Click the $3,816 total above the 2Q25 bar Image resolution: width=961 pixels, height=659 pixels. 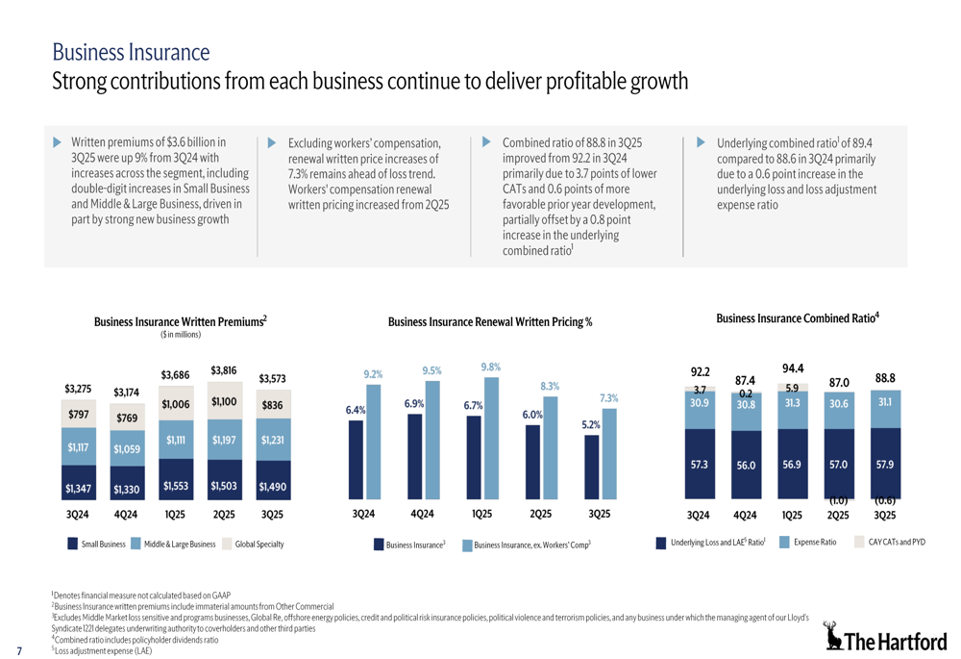tap(223, 369)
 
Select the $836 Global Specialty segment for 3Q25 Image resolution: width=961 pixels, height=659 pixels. tap(272, 406)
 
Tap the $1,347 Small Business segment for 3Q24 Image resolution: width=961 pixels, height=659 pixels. tap(77, 488)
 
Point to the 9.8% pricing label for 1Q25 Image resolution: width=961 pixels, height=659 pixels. tap(490, 367)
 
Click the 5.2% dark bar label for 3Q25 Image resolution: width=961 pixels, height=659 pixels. tap(591, 424)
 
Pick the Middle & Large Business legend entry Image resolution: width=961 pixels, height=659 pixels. tap(173, 545)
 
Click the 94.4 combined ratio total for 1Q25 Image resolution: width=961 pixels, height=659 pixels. tap(793, 368)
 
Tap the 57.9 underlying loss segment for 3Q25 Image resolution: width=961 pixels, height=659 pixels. tap(885, 465)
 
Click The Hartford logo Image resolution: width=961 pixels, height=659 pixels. tap(886, 638)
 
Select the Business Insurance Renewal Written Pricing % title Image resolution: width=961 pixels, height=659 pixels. tap(489, 322)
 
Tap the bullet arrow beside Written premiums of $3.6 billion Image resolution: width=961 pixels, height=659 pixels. tap(57, 141)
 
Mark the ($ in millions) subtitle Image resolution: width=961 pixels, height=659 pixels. tap(180, 335)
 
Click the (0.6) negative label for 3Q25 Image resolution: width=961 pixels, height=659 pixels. tap(885, 500)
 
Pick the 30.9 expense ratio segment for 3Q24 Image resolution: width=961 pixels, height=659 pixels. tap(699, 405)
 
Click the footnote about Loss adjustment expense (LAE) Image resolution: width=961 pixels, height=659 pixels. tap(103, 651)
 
